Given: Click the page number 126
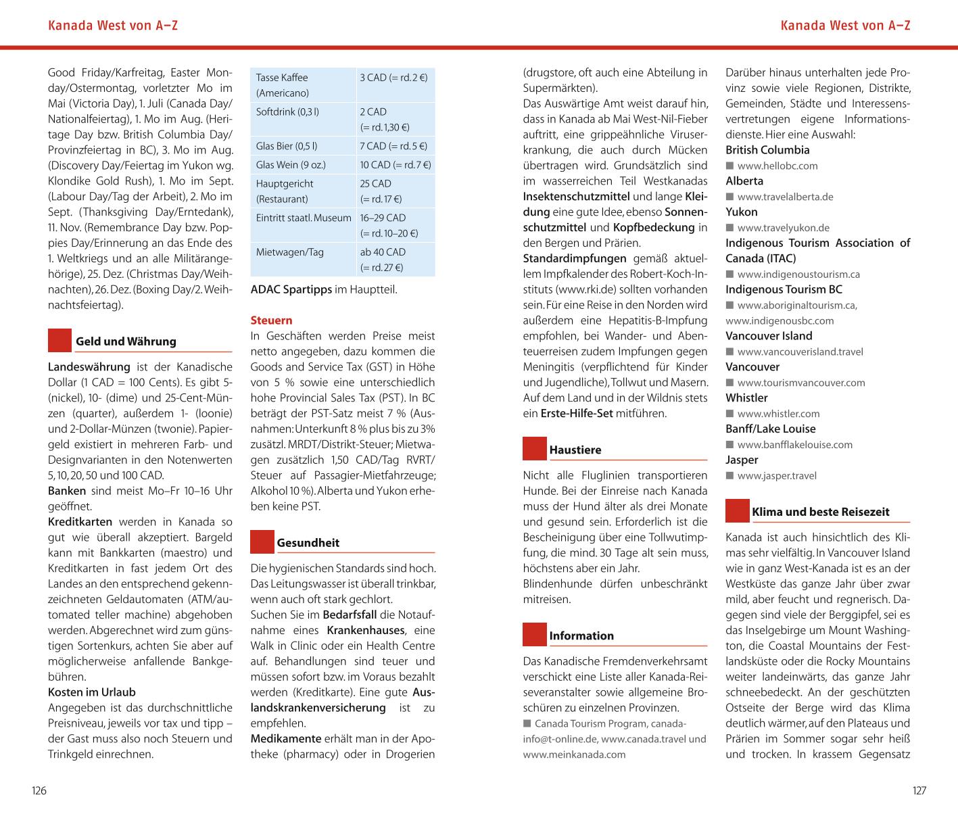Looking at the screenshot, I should click(x=39, y=790).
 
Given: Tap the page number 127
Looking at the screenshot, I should click(x=919, y=790).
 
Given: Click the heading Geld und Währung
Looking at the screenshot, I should click(x=126, y=341).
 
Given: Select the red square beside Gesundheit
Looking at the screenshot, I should click(x=262, y=542).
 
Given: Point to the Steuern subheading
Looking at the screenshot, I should click(x=271, y=320).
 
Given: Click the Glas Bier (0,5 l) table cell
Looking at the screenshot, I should click(x=287, y=146).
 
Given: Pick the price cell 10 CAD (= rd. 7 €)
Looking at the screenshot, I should click(x=396, y=165).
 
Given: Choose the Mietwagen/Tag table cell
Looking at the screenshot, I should click(x=290, y=252).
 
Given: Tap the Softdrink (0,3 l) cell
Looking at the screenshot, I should click(x=287, y=112).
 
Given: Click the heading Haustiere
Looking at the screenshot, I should click(x=575, y=450).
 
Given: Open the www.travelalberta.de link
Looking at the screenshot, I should click(x=785, y=197).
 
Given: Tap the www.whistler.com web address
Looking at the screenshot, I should click(x=778, y=414).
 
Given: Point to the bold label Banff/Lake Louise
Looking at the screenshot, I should click(x=771, y=429).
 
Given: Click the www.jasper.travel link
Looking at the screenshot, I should click(x=777, y=476).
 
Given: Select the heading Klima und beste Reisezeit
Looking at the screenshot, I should click(x=821, y=512).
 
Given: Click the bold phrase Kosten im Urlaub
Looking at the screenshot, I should click(x=92, y=692).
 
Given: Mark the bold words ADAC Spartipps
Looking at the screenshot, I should click(x=291, y=289).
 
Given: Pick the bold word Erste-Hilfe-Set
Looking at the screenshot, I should click(x=577, y=413).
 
